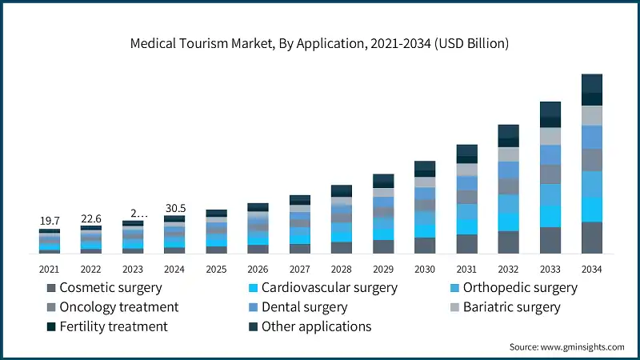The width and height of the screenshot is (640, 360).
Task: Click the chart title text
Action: coord(319,43)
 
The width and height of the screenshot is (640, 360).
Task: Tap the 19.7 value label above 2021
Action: coord(50,221)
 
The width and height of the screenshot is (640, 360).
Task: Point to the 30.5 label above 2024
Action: coord(174,208)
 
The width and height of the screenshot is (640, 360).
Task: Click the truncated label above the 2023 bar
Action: coord(138,213)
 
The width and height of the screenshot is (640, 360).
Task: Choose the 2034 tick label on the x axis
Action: coord(591,269)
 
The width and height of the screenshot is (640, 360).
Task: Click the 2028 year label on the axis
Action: coord(342,269)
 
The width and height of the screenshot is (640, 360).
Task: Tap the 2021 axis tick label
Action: coord(50,269)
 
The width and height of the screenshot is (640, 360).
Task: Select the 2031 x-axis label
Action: coord(466,269)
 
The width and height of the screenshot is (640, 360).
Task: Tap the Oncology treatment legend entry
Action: coord(112,307)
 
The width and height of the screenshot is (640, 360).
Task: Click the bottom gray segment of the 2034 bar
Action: coord(591,238)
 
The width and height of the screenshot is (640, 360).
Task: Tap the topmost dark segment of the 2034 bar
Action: coord(591,83)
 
